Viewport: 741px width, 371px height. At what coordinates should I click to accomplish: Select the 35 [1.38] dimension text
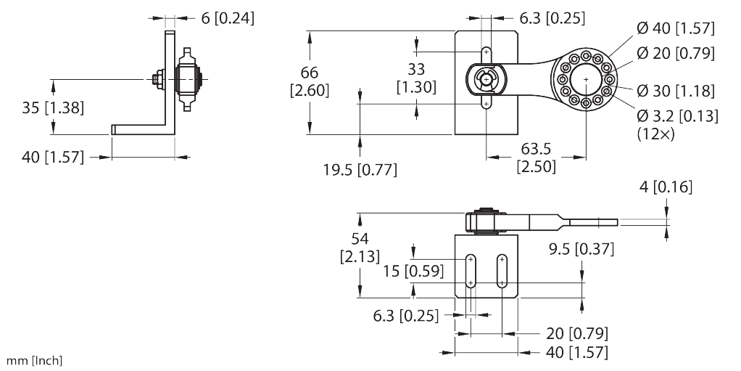(x=53, y=109)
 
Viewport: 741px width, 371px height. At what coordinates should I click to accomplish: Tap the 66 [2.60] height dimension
(x=310, y=81)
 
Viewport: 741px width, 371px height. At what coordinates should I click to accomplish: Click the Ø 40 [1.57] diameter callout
(x=675, y=29)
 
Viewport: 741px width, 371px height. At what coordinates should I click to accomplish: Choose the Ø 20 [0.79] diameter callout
(x=675, y=53)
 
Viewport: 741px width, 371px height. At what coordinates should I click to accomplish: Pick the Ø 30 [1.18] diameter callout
(x=675, y=91)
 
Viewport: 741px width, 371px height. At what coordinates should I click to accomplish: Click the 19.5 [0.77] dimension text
(x=360, y=170)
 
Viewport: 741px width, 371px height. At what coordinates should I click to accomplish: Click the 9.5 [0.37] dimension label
(x=581, y=250)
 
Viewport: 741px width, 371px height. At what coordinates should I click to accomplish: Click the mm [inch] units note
(x=34, y=361)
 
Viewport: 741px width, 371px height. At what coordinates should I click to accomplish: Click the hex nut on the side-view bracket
(x=157, y=78)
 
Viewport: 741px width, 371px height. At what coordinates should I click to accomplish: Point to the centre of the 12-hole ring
(x=584, y=80)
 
